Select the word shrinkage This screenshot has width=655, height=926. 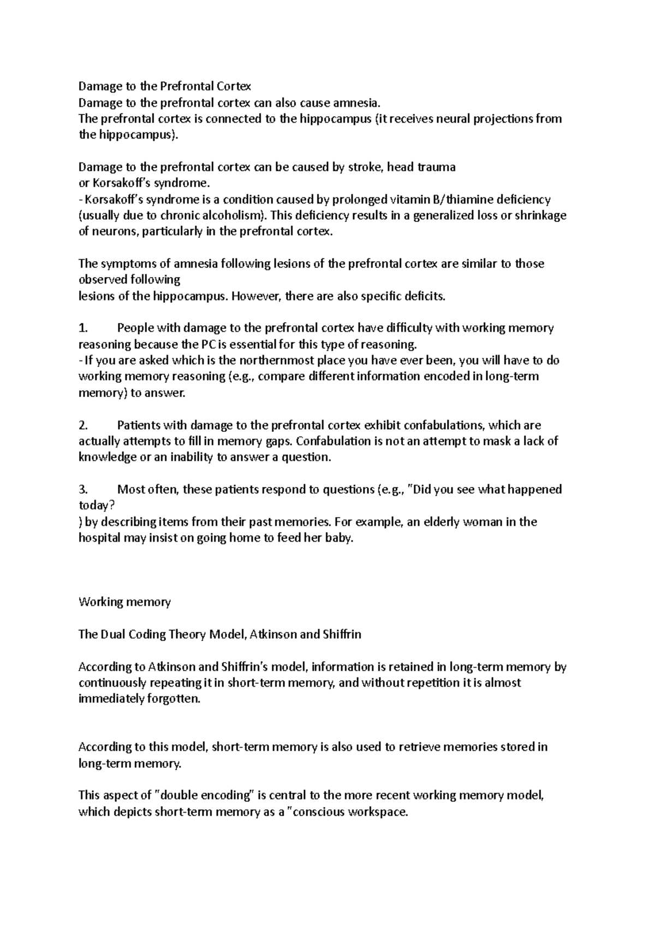[x=540, y=215]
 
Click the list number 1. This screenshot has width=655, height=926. [x=83, y=328]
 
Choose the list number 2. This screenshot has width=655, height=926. [x=83, y=425]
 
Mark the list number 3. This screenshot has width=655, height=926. [x=83, y=490]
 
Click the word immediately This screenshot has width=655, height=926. [x=112, y=699]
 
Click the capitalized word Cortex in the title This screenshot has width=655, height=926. [x=233, y=86]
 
